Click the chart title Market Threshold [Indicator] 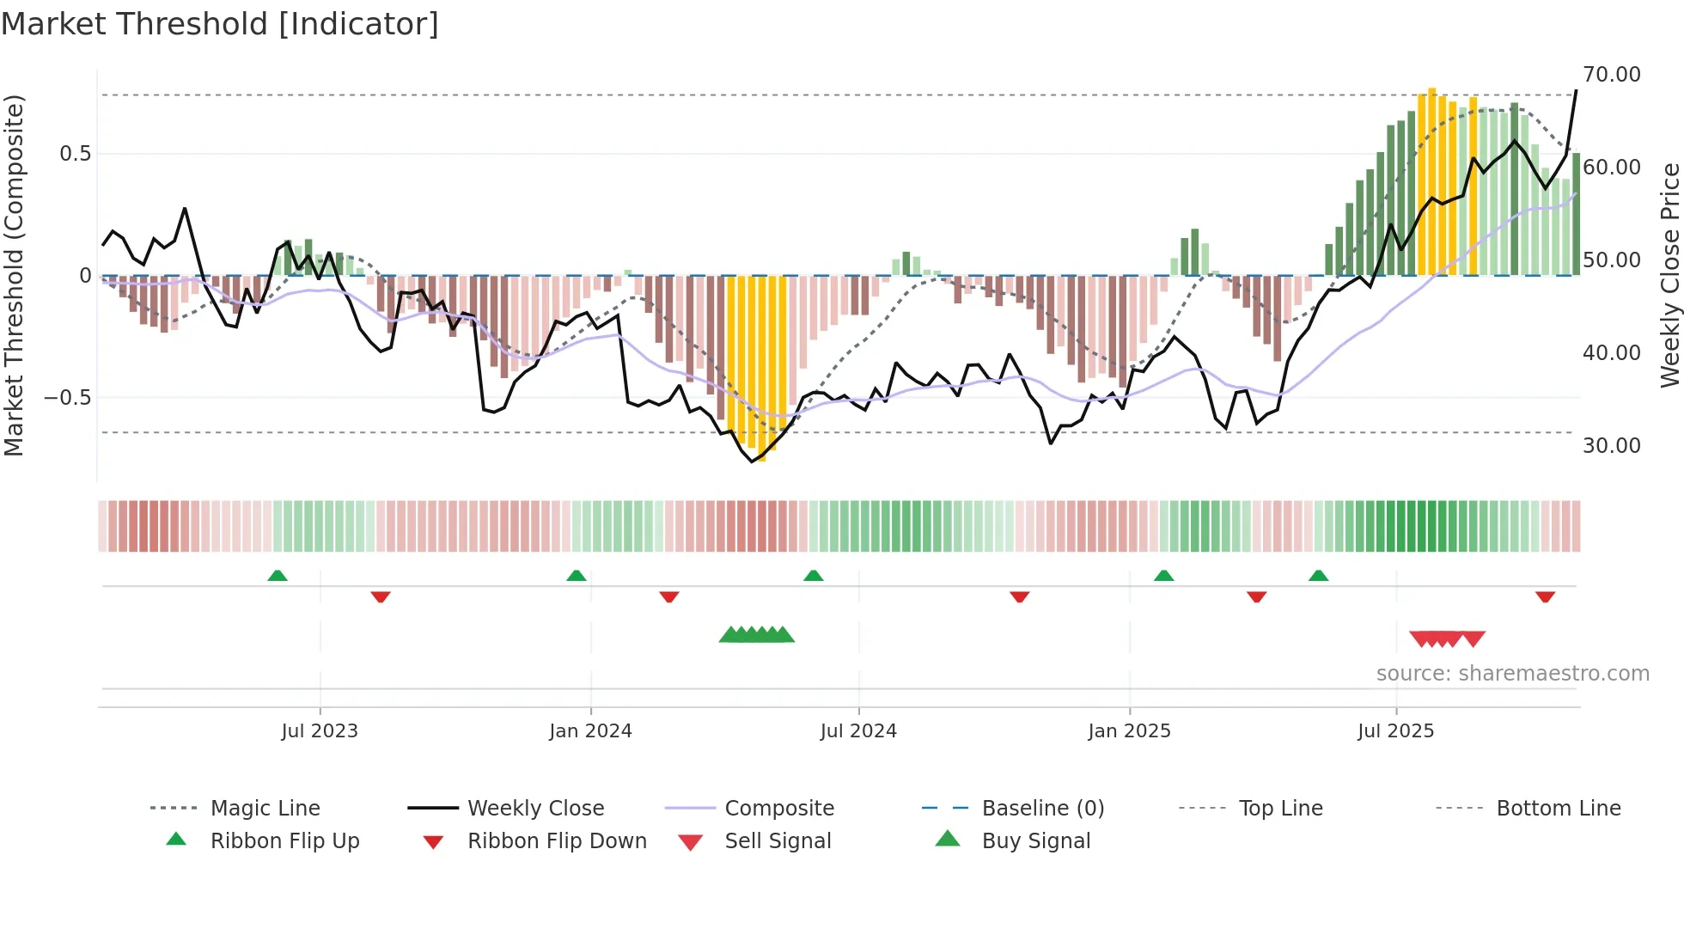(x=220, y=24)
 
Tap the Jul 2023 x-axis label (x=319, y=731)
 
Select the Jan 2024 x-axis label (x=590, y=731)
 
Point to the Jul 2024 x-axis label (x=858, y=731)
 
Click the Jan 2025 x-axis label (x=1129, y=731)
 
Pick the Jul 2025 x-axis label (x=1395, y=731)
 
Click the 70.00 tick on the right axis (x=1611, y=75)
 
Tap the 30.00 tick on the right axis (x=1611, y=446)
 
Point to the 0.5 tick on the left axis (x=75, y=154)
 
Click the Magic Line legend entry (x=265, y=809)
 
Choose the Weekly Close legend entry (x=535, y=809)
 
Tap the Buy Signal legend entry (x=1035, y=841)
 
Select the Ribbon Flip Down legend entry (x=557, y=841)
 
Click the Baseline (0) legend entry (x=1042, y=809)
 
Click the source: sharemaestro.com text (x=1512, y=674)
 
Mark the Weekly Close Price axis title (x=1669, y=275)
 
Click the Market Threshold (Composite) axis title (x=14, y=275)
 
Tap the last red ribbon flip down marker (x=1545, y=596)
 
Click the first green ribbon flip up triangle (x=277, y=576)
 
